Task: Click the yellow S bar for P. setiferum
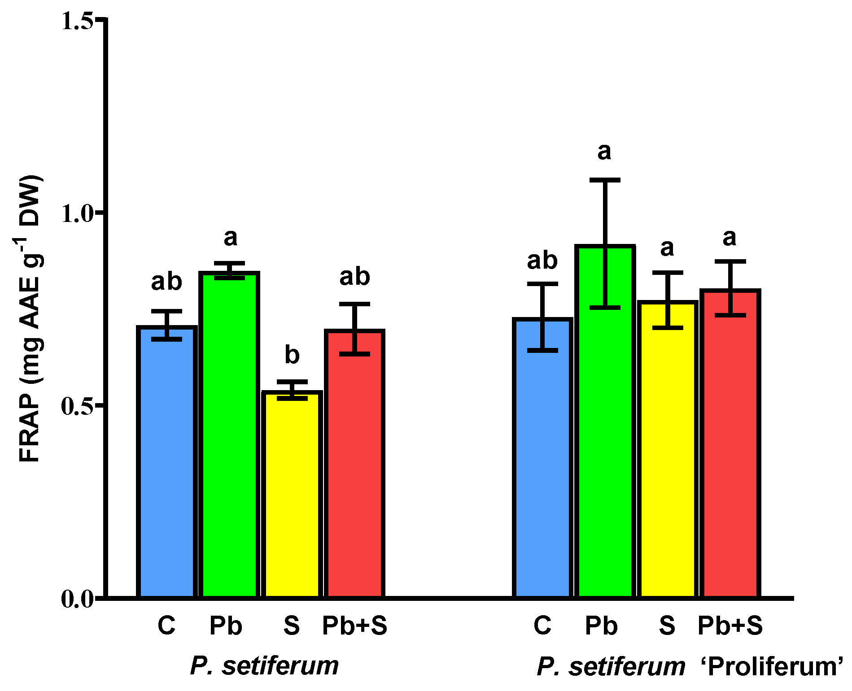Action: coord(292,493)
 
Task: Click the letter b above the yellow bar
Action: coord(292,355)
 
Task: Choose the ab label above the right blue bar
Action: coord(542,261)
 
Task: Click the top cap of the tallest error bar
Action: coord(605,180)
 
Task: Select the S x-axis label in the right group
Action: coord(667,625)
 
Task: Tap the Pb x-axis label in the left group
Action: coord(226,625)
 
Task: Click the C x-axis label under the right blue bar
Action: coord(542,625)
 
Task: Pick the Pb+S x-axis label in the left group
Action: coord(354,625)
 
